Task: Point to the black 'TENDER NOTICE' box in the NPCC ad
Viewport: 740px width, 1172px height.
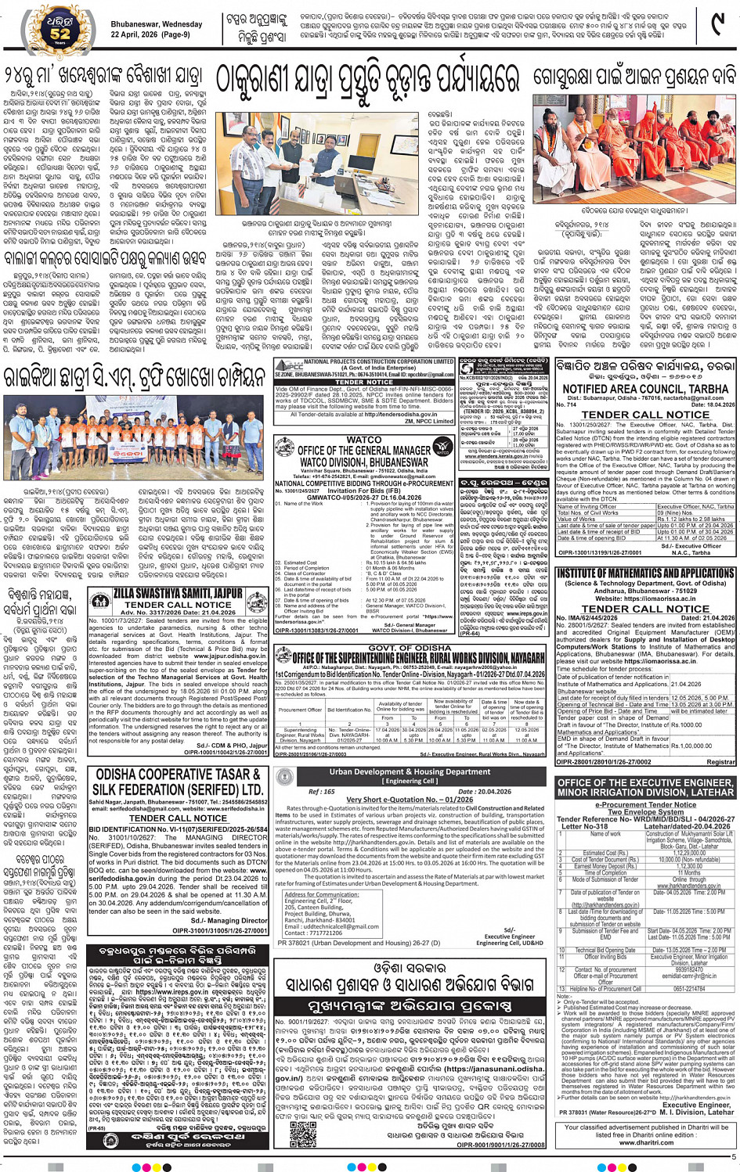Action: (364, 383)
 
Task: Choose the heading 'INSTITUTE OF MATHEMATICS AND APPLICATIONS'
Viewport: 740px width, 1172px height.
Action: (645, 573)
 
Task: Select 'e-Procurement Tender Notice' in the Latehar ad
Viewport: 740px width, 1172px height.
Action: (645, 804)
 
